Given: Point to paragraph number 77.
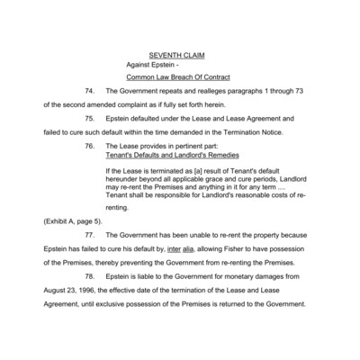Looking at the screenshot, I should (x=90, y=237).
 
